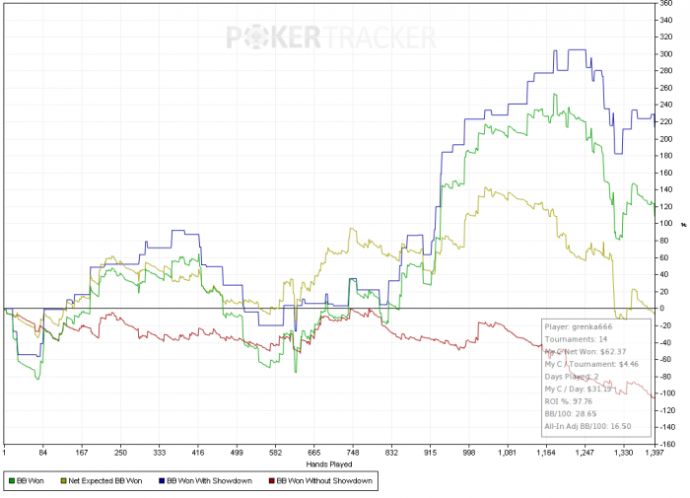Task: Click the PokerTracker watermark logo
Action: [331, 37]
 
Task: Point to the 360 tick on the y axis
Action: [666, 3]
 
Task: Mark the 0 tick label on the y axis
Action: [661, 309]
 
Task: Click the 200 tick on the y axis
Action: [666, 139]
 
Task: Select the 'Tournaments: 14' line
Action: [577, 338]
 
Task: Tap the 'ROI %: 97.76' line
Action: [573, 401]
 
